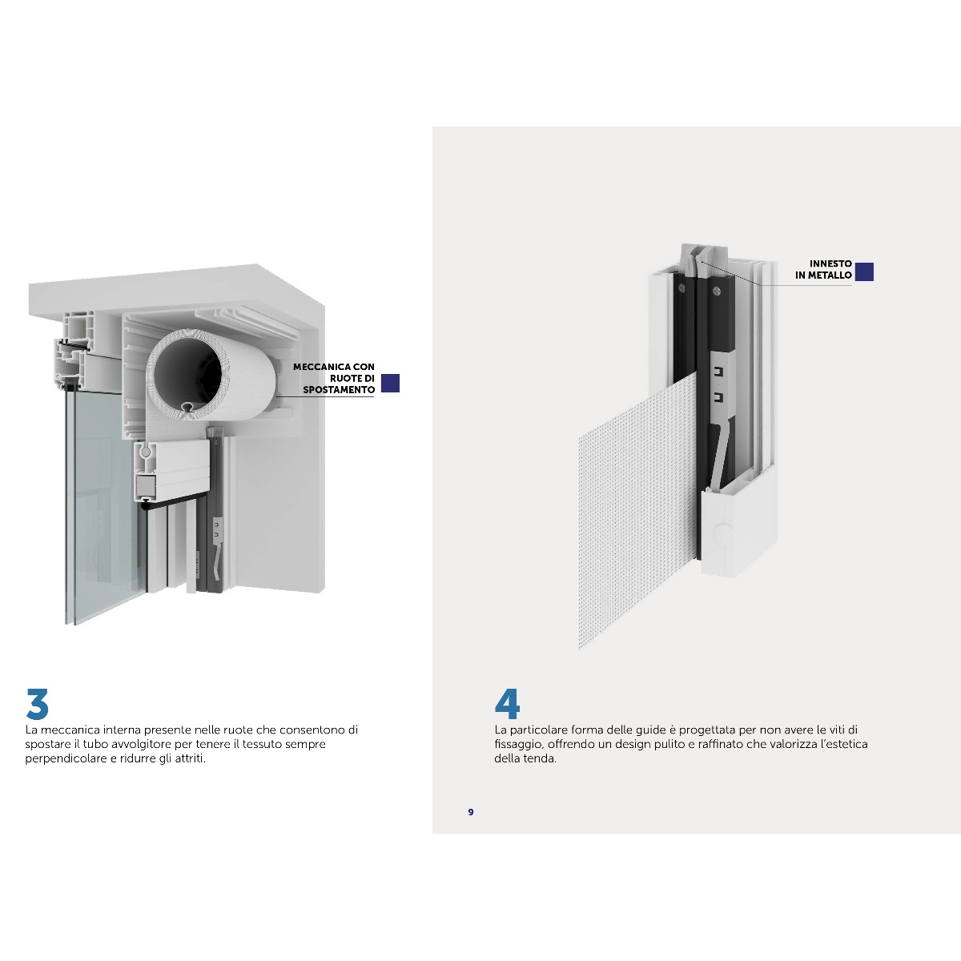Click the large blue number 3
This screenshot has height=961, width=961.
38,704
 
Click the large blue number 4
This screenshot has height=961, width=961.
507,704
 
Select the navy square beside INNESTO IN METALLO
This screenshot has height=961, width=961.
864,271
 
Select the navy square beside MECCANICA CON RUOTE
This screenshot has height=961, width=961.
391,383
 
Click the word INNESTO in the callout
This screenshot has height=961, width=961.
830,263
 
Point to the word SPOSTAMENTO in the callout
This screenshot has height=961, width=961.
339,390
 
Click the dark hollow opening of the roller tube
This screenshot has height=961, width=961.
187,373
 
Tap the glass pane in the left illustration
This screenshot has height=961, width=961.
100,504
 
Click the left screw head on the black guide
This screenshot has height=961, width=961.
682,287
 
